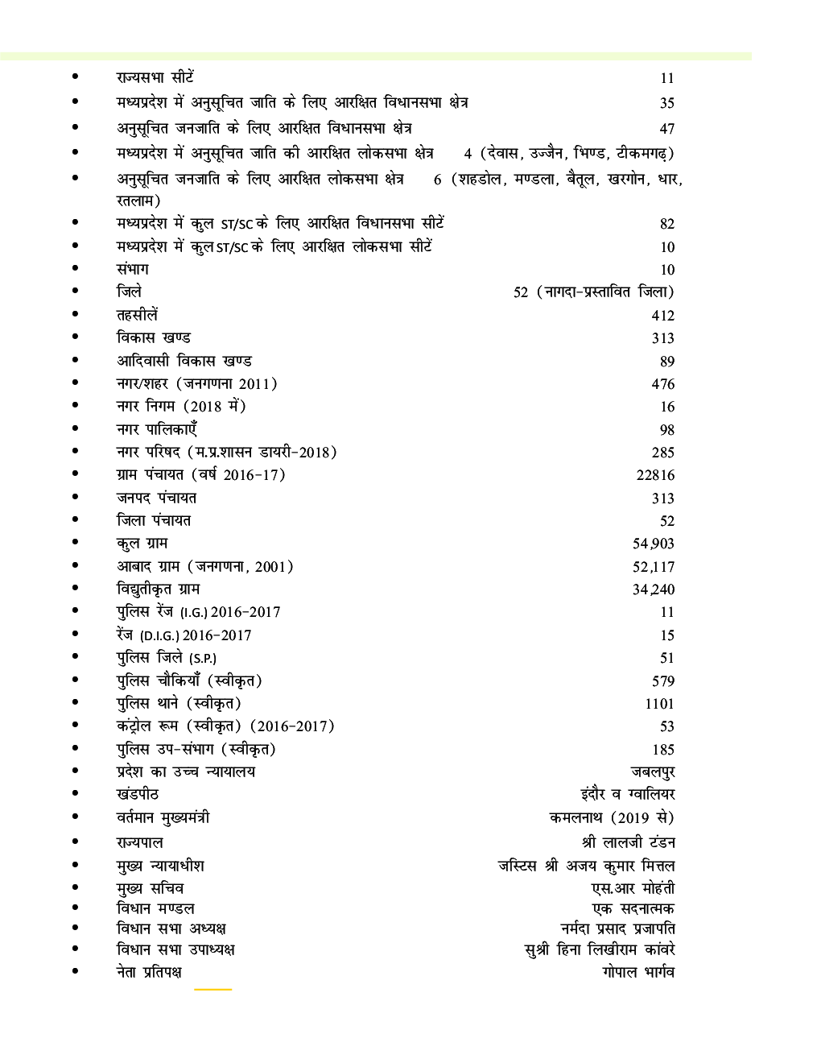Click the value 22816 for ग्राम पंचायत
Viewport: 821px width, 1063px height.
coord(655,475)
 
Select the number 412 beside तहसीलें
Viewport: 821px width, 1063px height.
coord(663,316)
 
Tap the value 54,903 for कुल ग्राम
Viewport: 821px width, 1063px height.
coord(654,544)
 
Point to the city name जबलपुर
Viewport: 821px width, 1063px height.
coord(652,771)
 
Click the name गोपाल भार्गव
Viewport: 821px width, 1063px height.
coord(637,972)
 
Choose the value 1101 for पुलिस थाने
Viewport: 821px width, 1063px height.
coord(659,704)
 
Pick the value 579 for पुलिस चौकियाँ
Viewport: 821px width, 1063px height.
coord(663,681)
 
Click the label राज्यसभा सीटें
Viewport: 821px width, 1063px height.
coord(155,77)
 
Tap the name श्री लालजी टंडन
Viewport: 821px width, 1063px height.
coord(629,842)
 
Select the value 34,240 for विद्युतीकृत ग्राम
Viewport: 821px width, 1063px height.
coord(654,589)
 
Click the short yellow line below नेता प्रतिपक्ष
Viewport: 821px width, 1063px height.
coord(212,989)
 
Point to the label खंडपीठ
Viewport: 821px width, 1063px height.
coord(138,794)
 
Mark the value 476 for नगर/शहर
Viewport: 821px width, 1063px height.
coord(663,384)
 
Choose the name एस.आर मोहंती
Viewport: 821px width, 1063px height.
coord(633,888)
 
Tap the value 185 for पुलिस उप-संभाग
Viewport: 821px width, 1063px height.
coord(663,750)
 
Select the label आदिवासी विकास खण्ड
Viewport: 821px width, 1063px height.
coord(184,361)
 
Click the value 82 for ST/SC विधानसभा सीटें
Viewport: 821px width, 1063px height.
coord(666,224)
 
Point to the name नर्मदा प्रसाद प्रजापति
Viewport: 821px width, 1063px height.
coord(617,929)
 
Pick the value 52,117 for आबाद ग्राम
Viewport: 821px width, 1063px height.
coord(654,567)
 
